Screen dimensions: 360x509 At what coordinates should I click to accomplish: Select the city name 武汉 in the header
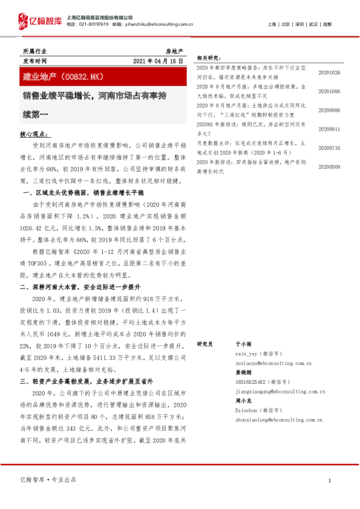313,24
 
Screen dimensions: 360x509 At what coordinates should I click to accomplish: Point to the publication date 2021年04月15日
157,62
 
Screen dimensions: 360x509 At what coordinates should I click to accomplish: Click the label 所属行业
34,51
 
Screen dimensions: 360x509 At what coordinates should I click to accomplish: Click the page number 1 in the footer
329,480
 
